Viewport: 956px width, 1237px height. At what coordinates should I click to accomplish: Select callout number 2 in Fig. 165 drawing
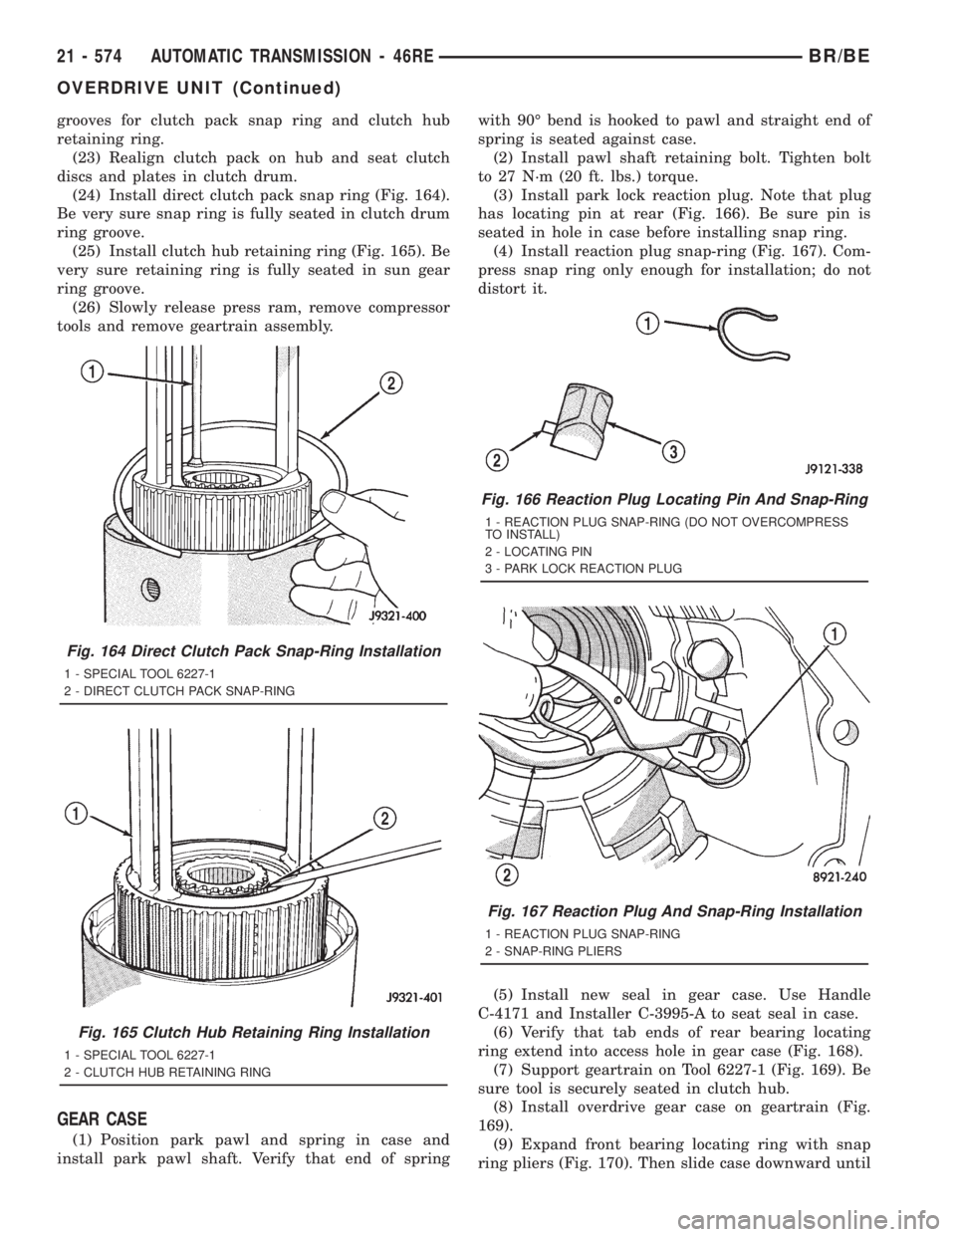[x=385, y=818]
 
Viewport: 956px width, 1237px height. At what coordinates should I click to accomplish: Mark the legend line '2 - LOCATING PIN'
[x=539, y=551]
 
